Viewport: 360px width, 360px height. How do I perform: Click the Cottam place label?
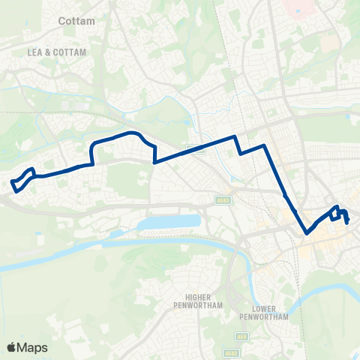(77, 22)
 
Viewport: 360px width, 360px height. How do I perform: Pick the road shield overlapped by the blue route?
(197, 148)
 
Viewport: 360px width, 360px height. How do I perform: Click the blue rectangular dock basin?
(168, 223)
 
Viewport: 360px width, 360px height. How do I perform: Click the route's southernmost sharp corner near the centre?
(307, 232)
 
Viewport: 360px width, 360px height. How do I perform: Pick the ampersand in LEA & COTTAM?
(56, 52)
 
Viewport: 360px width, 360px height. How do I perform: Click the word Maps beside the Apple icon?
(33, 348)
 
